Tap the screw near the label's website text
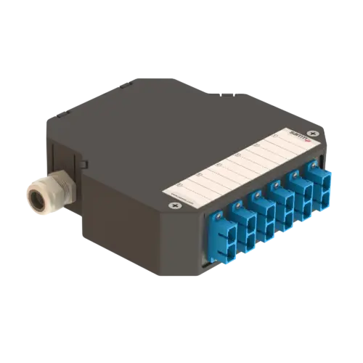pyautogui.click(x=175, y=206)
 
